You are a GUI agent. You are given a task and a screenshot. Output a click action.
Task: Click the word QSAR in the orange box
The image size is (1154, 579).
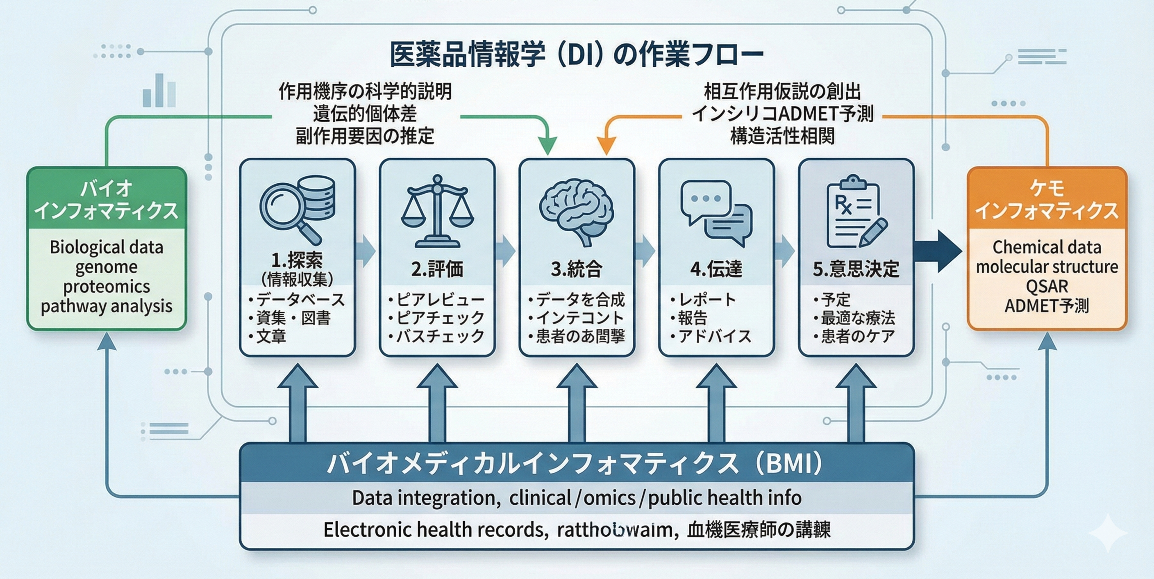(1047, 286)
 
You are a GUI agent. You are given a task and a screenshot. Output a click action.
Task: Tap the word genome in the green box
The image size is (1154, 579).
(106, 267)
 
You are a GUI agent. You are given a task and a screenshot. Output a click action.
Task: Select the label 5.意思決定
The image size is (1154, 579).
(856, 269)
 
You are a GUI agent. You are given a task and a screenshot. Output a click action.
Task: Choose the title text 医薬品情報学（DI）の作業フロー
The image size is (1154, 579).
(577, 55)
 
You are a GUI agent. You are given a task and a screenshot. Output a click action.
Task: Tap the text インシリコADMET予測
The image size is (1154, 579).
(782, 114)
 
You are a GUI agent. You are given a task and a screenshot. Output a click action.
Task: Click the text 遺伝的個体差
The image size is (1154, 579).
(365, 114)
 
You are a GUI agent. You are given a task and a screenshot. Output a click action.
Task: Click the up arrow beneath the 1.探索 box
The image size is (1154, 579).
(298, 403)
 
